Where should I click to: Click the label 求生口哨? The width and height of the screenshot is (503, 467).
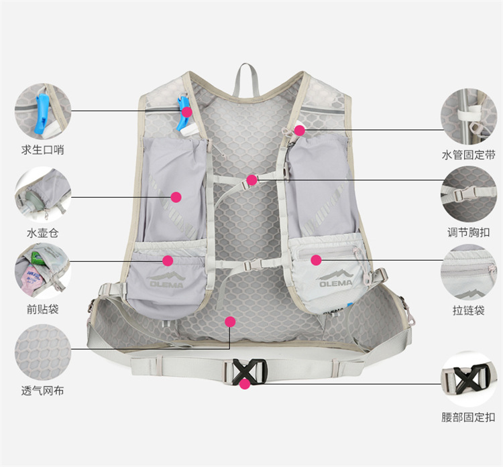(42, 150)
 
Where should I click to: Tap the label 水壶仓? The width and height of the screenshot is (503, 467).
(42, 234)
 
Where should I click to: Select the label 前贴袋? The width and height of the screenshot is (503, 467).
(42, 309)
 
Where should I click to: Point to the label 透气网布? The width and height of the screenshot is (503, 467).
(42, 391)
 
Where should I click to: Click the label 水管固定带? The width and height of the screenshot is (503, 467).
(468, 155)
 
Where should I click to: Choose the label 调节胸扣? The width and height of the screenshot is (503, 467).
(468, 233)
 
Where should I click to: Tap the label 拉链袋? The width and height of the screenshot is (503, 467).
(468, 310)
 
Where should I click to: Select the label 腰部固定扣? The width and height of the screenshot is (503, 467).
(468, 417)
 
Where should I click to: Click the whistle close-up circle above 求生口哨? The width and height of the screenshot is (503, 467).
(43, 110)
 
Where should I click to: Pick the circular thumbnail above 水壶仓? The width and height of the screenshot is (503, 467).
(43, 194)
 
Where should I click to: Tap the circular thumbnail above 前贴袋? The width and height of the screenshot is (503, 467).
(43, 271)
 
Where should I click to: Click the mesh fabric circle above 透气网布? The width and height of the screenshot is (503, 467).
(43, 351)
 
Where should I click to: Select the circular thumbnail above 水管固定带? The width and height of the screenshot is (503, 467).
(468, 115)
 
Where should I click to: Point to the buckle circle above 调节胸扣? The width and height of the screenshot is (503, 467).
(468, 194)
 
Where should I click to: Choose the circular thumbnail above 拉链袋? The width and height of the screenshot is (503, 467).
(468, 271)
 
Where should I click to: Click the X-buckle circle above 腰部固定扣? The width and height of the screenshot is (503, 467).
(468, 379)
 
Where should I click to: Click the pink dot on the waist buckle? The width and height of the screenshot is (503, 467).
(245, 384)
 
